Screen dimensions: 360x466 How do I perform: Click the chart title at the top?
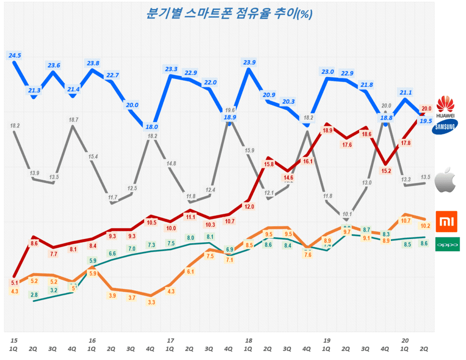(x=228, y=13)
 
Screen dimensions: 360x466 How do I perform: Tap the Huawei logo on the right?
(x=446, y=107)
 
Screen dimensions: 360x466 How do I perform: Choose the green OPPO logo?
(x=447, y=244)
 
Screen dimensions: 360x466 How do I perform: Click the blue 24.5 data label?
(x=15, y=56)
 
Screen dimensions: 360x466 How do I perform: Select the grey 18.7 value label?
(x=73, y=120)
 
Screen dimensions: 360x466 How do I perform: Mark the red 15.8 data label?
(x=268, y=164)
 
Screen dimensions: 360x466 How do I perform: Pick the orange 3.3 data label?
(x=151, y=302)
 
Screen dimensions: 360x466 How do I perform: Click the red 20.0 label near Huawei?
(x=426, y=108)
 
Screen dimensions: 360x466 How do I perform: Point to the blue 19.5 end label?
(x=426, y=121)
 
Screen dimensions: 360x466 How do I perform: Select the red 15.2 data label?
(x=386, y=171)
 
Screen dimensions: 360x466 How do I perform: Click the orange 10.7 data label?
(x=405, y=221)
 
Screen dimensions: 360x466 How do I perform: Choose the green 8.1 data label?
(x=209, y=237)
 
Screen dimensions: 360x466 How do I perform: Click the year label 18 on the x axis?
(x=248, y=340)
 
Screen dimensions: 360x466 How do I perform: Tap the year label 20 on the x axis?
(x=405, y=340)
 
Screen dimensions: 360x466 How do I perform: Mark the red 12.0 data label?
(x=248, y=207)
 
